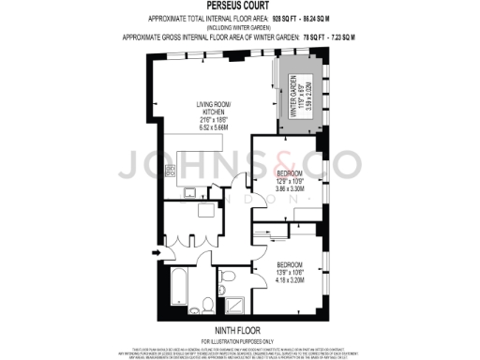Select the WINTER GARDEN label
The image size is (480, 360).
click(299, 92)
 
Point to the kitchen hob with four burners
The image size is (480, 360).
click(172, 171)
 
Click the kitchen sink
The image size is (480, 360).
click(189, 193)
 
